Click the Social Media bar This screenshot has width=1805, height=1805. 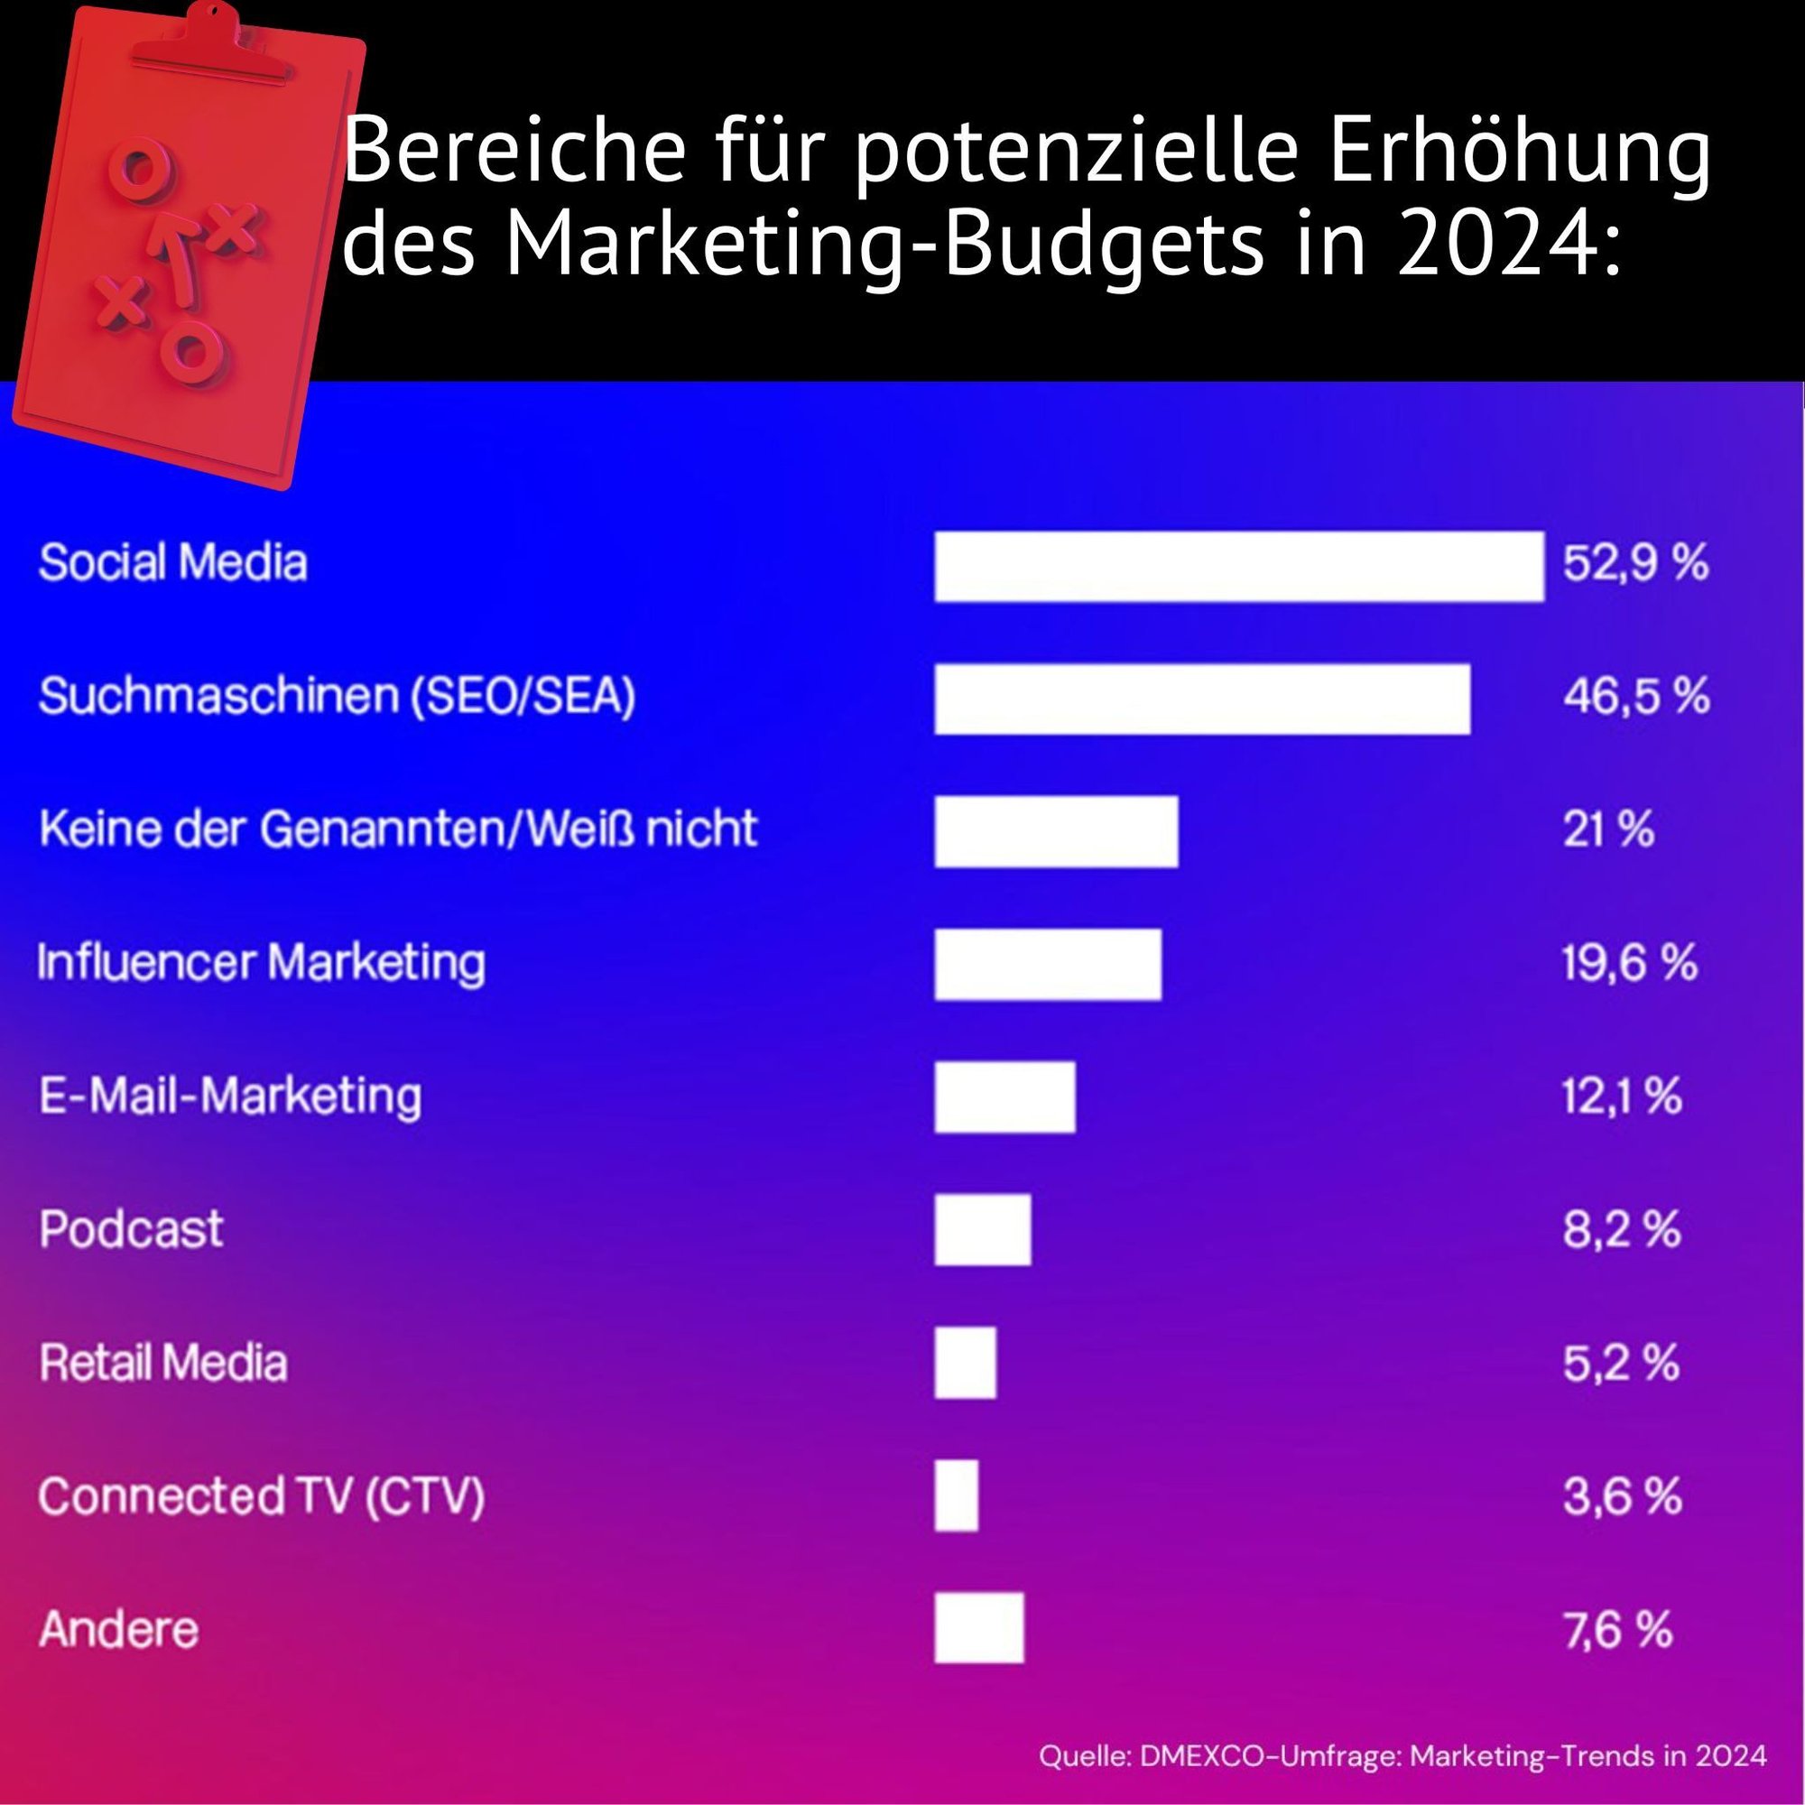(1239, 566)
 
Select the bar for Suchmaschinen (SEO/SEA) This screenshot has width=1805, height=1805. (1202, 699)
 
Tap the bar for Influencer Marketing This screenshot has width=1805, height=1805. (1047, 964)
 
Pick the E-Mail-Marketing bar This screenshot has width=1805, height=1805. (1004, 1097)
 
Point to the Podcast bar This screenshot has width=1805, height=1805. (982, 1229)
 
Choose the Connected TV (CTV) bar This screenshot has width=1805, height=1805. (956, 1495)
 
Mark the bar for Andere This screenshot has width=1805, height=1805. (978, 1628)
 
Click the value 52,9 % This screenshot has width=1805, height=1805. (1635, 563)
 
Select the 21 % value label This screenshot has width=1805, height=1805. (1608, 828)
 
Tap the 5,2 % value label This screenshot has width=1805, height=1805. (1621, 1362)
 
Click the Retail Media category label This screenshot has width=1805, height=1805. (163, 1362)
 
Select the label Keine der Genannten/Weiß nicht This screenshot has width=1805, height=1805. (398, 828)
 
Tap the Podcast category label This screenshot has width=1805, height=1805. (132, 1228)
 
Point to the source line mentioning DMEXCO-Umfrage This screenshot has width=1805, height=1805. (1402, 1755)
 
